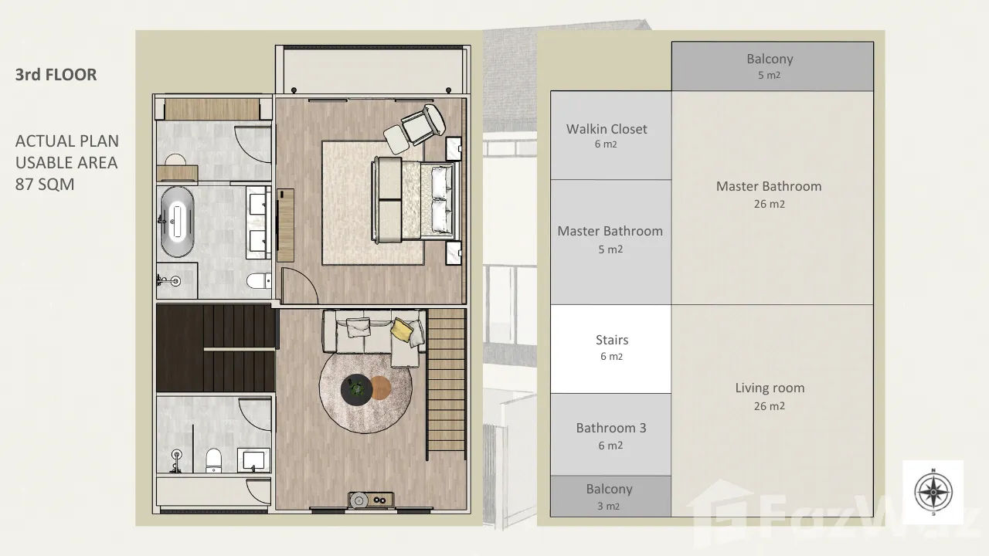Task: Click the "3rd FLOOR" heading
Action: coord(56,75)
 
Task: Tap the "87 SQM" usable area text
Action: coord(45,185)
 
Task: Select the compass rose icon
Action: coord(933,492)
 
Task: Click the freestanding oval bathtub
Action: coord(177,222)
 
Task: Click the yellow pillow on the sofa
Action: coord(401,329)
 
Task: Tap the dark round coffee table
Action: coord(356,389)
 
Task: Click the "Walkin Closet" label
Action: coord(607,129)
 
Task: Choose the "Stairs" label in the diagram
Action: coord(611,340)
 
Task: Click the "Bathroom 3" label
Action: coord(611,428)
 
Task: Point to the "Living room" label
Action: coord(770,388)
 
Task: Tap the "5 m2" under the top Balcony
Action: coord(769,75)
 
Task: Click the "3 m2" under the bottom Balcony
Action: coord(608,506)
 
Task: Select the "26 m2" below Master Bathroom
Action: coord(769,204)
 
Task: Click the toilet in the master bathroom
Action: coord(259,280)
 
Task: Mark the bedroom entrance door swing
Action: coord(299,285)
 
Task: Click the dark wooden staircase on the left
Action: coord(216,347)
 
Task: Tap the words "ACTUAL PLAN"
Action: coord(67,141)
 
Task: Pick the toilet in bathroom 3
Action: coord(214,460)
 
